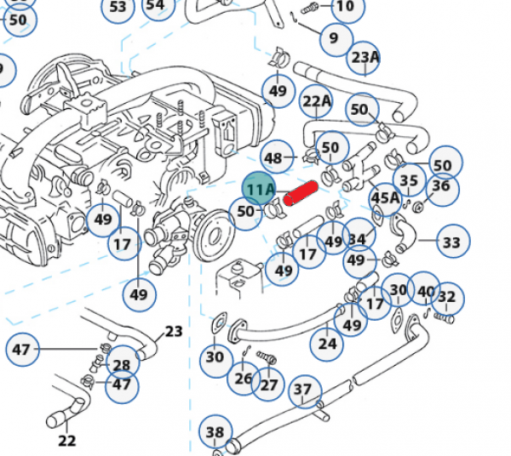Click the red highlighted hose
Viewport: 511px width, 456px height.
[301, 193]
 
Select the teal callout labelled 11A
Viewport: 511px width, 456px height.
[259, 189]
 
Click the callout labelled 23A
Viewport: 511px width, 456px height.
[364, 58]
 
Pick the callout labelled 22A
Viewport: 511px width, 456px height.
[316, 101]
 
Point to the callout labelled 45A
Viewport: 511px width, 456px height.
[385, 199]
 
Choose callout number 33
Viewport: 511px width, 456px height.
[453, 241]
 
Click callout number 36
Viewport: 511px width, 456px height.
[442, 189]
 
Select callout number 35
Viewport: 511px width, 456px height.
[410, 180]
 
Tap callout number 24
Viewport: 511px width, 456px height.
[326, 345]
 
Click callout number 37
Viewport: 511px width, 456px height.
[305, 391]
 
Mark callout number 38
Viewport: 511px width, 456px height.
[215, 431]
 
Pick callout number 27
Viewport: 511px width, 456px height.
[268, 385]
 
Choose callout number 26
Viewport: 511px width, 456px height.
[244, 379]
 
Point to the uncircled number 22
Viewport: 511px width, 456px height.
[67, 441]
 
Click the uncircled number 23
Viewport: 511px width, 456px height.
[174, 332]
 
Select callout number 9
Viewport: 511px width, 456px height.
[336, 39]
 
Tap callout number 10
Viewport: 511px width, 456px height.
[347, 7]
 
